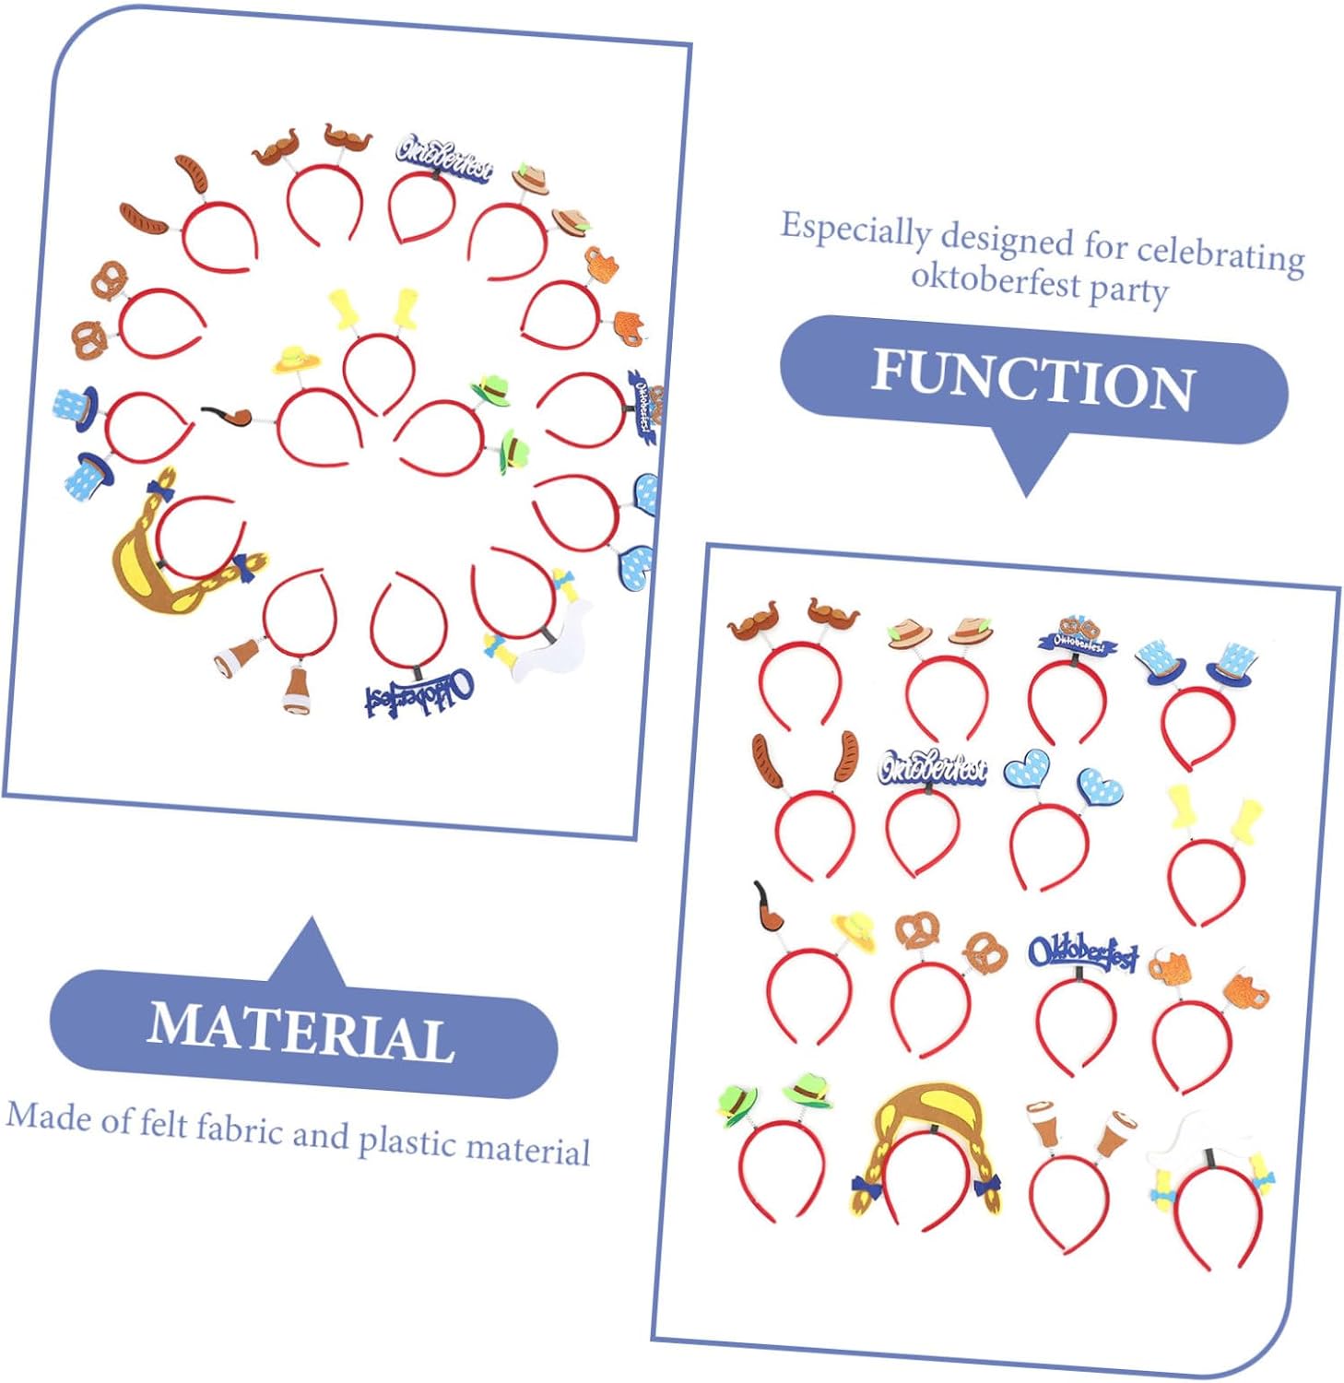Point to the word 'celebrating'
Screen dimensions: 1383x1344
tap(1220, 254)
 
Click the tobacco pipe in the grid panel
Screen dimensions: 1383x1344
tap(768, 908)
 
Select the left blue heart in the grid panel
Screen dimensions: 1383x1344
tap(1027, 768)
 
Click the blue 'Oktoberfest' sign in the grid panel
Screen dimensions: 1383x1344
tap(1083, 952)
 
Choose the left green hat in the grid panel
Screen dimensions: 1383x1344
tap(737, 1103)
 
